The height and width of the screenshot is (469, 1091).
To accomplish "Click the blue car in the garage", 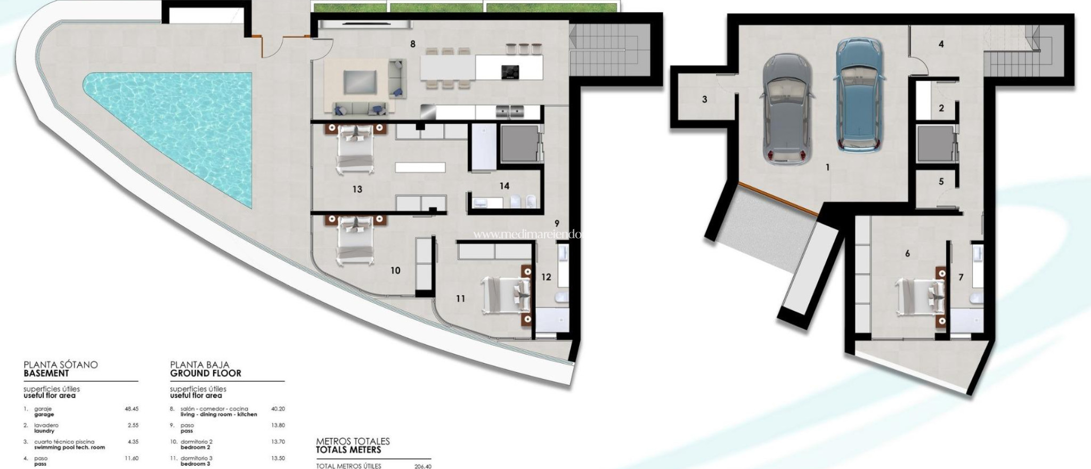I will click(859, 95).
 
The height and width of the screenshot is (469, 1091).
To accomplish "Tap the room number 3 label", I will click(704, 100).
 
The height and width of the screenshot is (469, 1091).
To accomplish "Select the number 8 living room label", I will click(413, 45).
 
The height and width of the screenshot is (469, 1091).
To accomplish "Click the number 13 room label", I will click(357, 189).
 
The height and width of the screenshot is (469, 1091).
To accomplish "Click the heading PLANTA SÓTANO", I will click(61, 365).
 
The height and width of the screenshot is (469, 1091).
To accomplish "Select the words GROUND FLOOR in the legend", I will click(206, 374).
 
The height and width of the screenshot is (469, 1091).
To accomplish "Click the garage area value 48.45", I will click(131, 409).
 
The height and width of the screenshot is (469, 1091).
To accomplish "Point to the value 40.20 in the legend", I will click(278, 409).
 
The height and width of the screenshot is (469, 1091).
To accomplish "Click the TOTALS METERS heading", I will click(348, 450).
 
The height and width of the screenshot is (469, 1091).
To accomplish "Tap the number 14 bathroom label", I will click(504, 186).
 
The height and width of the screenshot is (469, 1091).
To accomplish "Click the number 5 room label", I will click(941, 182).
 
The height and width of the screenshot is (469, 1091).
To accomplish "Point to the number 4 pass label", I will click(941, 45).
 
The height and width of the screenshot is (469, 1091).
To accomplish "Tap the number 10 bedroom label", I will click(395, 271).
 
